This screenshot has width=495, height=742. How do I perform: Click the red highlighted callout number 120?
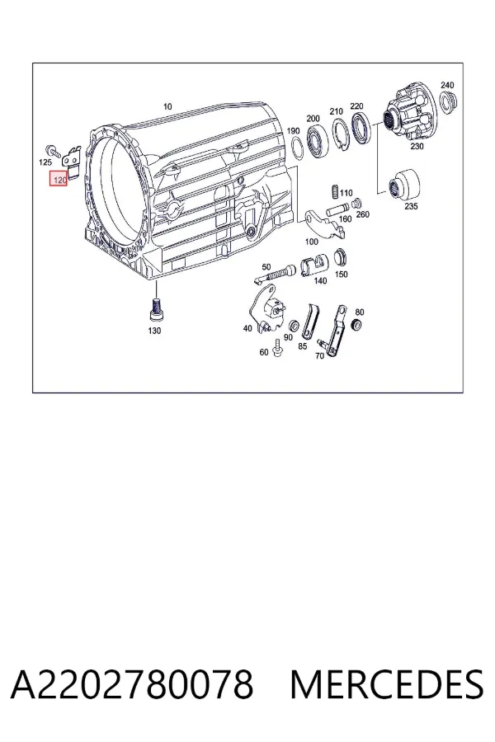[x=59, y=178]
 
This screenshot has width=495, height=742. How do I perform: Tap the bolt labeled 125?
[x=52, y=151]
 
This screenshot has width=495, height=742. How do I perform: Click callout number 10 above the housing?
[x=167, y=106]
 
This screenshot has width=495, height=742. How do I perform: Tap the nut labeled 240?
[x=446, y=101]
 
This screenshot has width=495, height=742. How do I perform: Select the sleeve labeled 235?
[x=404, y=184]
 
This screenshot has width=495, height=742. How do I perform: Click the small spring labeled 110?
[x=334, y=191]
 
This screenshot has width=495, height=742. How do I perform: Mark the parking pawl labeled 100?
[x=323, y=223]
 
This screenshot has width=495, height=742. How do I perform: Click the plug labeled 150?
[x=340, y=257]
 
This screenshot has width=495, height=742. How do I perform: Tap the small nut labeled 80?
[x=357, y=325]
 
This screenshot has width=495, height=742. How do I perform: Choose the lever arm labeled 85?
[x=309, y=321]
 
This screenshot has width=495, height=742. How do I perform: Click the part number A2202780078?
[x=132, y=684]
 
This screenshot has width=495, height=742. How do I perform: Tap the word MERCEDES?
[x=387, y=684]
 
